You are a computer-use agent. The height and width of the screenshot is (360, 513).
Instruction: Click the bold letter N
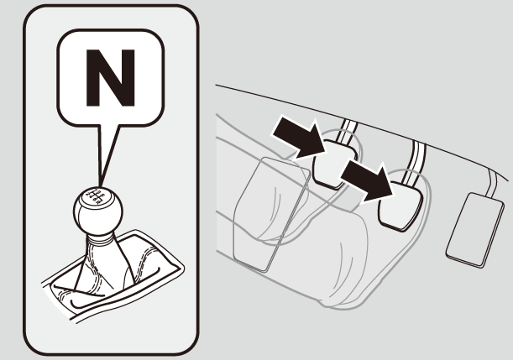[111, 78]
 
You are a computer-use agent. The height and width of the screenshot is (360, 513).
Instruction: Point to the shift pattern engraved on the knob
[94, 196]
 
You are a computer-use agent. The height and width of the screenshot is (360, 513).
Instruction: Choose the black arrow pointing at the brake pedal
[367, 182]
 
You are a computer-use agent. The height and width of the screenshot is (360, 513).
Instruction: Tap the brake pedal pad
[400, 206]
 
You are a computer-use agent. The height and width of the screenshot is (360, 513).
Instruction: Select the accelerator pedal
[474, 229]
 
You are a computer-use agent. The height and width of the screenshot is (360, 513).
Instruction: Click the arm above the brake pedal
[414, 163]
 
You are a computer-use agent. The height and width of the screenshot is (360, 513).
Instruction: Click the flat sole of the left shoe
[271, 214]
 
